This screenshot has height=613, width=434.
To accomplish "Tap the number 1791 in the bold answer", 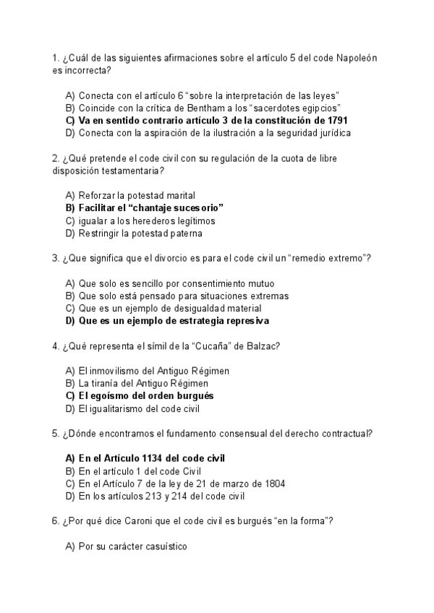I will click(338, 120).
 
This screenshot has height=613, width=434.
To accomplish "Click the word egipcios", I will click(315, 108).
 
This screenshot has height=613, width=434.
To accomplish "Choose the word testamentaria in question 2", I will click(135, 171).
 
